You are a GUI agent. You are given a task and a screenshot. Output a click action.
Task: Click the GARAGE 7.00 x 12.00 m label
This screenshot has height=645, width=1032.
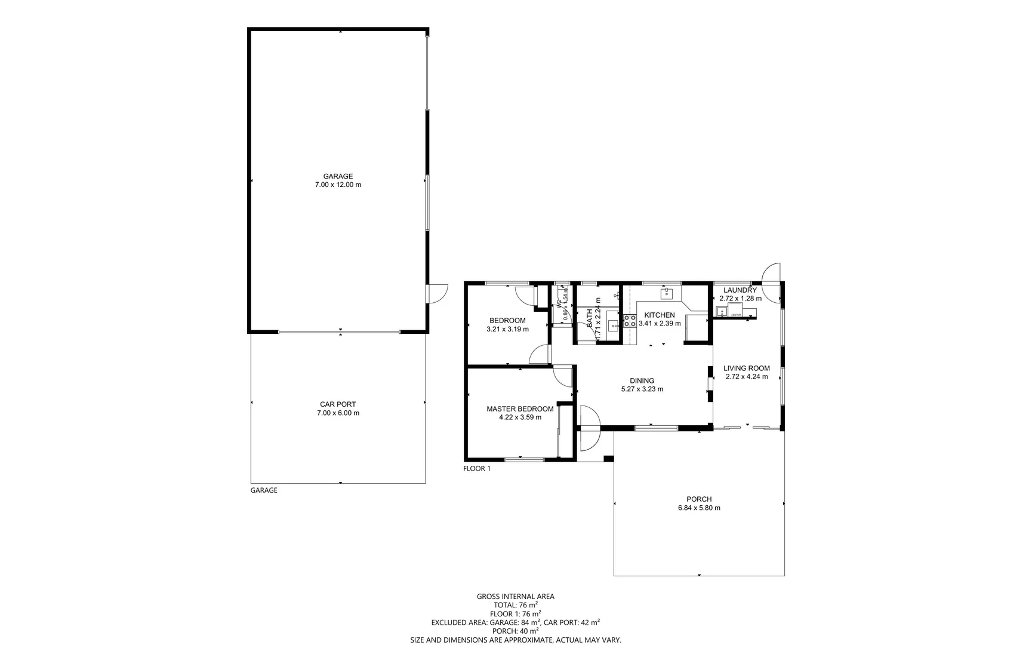pos(338,180)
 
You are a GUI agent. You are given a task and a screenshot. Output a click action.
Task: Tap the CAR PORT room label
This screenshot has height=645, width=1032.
pos(338,404)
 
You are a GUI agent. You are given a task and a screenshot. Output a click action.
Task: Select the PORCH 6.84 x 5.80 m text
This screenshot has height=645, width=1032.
pos(699,503)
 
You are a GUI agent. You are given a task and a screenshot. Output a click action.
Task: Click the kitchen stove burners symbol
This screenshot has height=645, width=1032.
pos(630,320)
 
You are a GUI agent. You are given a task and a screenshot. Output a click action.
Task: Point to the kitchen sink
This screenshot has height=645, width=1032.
pos(667,293)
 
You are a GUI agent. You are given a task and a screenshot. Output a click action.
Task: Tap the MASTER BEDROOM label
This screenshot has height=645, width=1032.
pos(520,409)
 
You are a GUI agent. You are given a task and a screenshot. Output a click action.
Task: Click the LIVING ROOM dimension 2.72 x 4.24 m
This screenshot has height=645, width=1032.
pos(747,377)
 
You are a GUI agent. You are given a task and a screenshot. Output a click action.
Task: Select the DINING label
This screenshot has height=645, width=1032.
pos(642,380)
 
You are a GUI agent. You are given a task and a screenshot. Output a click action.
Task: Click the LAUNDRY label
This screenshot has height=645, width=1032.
pos(740,290)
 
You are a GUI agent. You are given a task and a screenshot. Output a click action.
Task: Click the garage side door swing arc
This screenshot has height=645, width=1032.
pos(439,293)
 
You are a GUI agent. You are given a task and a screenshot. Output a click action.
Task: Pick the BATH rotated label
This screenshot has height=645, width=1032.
pos(590,318)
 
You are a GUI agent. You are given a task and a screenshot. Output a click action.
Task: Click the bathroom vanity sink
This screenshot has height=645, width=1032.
pos(613,325)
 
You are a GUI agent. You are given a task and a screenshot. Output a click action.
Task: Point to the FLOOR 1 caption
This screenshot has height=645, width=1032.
pos(477,469)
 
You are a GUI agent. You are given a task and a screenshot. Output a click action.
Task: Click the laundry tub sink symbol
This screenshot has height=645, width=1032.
pos(722,312)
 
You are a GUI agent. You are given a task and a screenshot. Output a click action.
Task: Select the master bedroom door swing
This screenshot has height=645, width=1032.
pos(562,376)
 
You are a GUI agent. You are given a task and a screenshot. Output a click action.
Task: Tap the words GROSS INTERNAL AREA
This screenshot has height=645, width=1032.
pos(515,596)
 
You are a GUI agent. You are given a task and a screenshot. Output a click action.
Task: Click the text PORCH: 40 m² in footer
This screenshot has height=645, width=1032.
pos(515,631)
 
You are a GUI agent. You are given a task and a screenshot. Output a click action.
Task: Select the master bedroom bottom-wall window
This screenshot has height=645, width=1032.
pos(525,459)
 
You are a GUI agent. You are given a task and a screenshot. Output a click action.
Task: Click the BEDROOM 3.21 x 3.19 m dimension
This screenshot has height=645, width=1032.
pos(507,329)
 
